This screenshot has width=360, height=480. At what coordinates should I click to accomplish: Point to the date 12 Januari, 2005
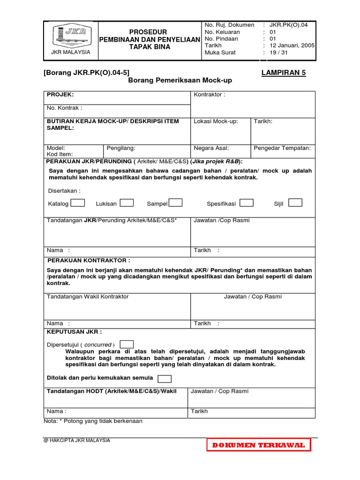[x=292, y=46]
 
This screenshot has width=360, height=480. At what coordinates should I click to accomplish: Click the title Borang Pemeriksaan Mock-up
[x=180, y=81]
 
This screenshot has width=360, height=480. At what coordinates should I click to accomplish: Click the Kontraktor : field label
[x=210, y=95]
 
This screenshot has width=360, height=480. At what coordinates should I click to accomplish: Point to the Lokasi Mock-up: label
[x=216, y=121]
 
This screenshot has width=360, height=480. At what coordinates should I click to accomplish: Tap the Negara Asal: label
[x=211, y=148]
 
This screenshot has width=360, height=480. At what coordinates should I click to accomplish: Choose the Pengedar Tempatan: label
[x=282, y=148]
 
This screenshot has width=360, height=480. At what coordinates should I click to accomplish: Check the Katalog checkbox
[x=78, y=203]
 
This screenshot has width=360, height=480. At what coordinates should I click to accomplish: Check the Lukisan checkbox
[x=127, y=203]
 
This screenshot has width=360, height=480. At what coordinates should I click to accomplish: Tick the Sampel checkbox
[x=175, y=203]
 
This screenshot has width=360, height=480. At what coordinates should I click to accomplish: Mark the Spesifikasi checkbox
[x=247, y=203]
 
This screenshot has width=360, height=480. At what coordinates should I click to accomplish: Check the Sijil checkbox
[x=295, y=203]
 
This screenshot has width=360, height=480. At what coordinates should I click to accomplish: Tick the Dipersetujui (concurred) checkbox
[x=127, y=345]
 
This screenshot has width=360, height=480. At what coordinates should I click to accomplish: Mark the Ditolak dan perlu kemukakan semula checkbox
[x=165, y=379]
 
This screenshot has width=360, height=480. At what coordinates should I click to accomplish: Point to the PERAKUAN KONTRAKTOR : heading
[x=88, y=260]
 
